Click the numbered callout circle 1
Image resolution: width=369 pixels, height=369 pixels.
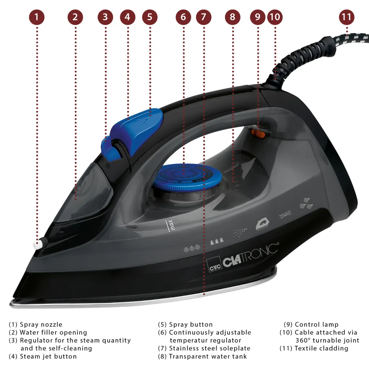click(x=37, y=17)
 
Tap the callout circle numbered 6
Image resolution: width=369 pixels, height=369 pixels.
click(x=183, y=17)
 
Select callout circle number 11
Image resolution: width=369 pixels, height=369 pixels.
click(x=346, y=17)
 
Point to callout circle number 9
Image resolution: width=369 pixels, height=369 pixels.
click(x=257, y=17)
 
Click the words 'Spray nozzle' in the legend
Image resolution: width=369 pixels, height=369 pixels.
click(x=41, y=324)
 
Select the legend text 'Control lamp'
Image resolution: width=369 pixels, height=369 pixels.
click(x=316, y=324)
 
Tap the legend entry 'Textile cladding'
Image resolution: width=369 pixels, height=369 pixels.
click(x=321, y=348)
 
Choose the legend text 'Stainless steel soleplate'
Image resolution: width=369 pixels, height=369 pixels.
click(x=209, y=348)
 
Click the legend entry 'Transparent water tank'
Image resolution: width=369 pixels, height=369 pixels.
click(x=208, y=356)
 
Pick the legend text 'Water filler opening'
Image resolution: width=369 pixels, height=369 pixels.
click(x=53, y=332)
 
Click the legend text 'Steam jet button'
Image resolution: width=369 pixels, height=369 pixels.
click(x=48, y=356)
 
